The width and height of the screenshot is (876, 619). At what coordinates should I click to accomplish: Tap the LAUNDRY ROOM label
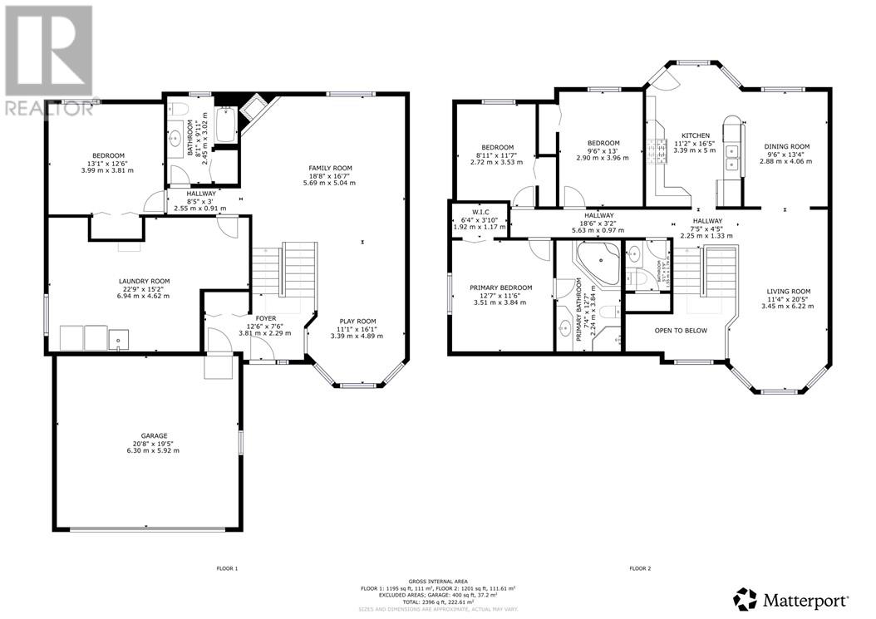[x=143, y=281]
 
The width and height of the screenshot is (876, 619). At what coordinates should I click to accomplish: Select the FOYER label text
[x=265, y=317]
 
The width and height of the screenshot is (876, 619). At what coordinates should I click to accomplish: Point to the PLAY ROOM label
[x=357, y=321]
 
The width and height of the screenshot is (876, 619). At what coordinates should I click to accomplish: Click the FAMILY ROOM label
[x=331, y=168]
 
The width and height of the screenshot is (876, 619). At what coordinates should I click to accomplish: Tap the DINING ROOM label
[x=786, y=146]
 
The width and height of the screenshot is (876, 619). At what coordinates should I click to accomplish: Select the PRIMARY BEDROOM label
[x=500, y=287]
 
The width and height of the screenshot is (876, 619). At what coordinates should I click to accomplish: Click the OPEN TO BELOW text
[x=681, y=330]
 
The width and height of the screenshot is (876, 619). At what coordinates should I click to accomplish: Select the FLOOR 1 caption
[x=228, y=568]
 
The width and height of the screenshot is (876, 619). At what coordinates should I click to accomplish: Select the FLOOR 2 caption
[x=640, y=568]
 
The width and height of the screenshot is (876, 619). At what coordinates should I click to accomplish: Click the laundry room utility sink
[x=121, y=337]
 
